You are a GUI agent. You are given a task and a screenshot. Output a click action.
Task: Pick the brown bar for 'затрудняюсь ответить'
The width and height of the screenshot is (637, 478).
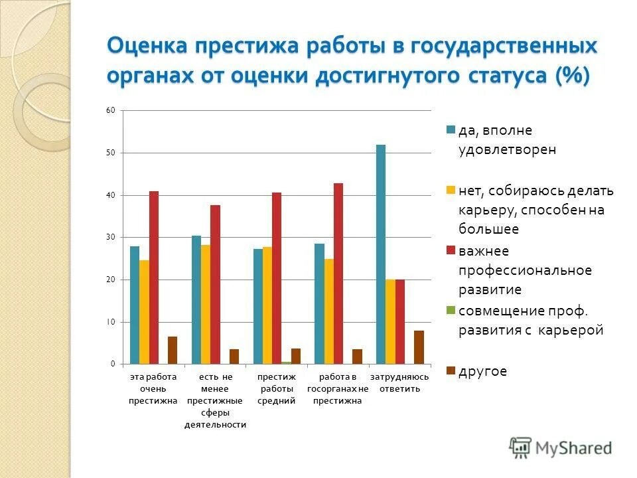419,347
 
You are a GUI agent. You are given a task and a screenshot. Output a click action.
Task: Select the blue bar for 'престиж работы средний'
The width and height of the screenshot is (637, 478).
258,306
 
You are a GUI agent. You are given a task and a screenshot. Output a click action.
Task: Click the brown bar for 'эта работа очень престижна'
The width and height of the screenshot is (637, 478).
173,350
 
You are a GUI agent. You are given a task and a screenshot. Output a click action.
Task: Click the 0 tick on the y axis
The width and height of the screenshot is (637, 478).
112,364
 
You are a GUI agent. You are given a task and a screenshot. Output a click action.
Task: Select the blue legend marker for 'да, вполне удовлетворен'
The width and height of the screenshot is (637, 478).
451,130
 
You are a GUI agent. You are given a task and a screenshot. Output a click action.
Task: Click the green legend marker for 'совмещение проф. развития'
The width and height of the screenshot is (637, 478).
451,310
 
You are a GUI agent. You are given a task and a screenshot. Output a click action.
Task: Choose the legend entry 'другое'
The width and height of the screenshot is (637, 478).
482,371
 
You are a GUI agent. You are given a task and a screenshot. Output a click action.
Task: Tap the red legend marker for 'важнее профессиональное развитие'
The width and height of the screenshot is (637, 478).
451,250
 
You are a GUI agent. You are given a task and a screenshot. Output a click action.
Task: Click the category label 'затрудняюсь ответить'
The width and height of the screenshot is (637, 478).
399,382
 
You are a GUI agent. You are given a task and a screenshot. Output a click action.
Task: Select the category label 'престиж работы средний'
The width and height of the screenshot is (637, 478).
277,388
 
